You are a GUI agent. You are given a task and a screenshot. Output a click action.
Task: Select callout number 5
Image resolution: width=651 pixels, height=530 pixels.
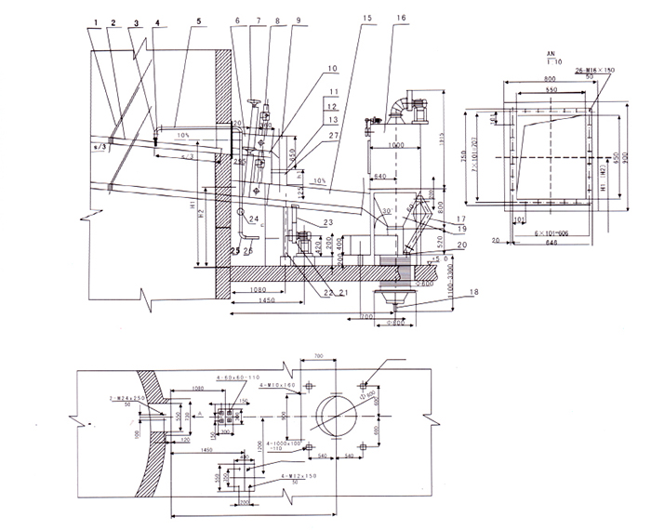coord(198,20)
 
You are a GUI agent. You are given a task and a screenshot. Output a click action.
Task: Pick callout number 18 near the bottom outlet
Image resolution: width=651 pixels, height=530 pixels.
coord(450,293)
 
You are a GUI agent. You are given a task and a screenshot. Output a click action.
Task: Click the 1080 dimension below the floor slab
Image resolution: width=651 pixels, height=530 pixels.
coord(261,290)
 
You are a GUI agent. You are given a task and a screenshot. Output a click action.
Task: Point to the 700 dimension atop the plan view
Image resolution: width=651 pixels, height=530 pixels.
coord(317,357)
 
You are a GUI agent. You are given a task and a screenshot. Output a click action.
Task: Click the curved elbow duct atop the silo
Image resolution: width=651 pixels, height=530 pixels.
coord(405,102)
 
